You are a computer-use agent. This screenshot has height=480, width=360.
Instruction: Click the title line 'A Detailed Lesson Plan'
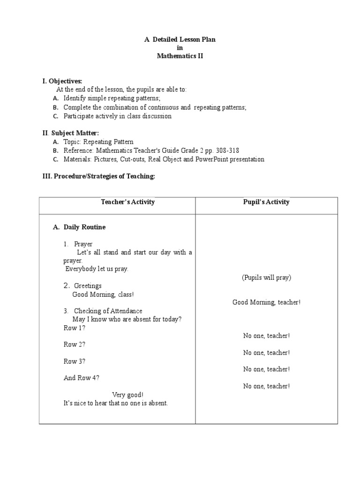(180, 40)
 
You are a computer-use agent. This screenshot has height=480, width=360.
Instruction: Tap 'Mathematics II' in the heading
(180, 56)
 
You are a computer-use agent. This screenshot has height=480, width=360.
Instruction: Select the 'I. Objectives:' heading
(62, 82)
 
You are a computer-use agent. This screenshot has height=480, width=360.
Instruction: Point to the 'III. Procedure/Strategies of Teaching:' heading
(98, 176)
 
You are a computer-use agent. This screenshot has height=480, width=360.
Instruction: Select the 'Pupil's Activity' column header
(267, 202)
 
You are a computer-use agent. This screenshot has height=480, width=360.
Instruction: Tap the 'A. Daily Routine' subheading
(79, 227)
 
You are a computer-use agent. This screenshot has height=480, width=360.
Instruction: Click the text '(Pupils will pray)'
(267, 277)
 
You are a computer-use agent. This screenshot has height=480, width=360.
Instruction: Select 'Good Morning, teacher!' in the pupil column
(267, 302)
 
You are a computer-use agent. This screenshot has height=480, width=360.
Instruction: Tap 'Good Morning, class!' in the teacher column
(103, 294)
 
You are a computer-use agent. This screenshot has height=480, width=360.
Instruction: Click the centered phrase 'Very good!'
(128, 395)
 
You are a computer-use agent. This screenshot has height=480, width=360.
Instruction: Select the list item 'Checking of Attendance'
(108, 311)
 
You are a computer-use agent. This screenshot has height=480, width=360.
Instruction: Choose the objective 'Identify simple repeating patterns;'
(112, 98)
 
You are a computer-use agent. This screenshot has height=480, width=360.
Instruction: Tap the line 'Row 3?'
(75, 361)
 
